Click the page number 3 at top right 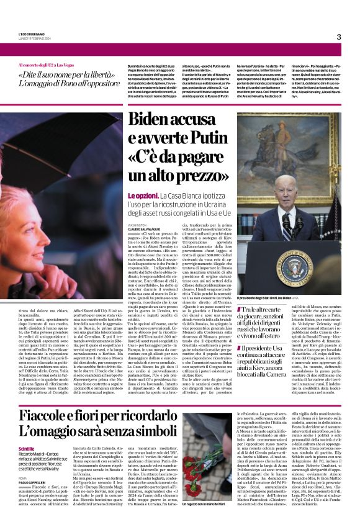(339, 37)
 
